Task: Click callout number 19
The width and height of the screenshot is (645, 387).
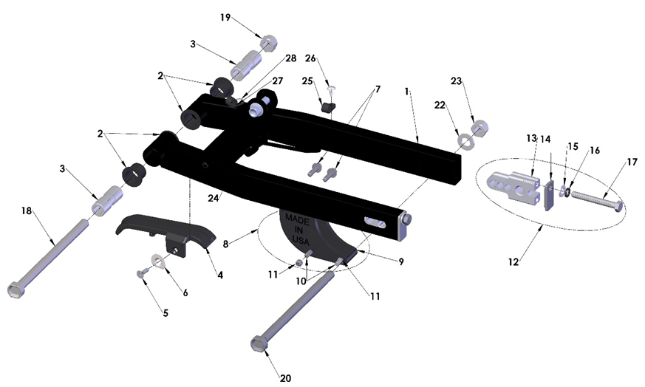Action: (225, 16)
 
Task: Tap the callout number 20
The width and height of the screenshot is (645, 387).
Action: (286, 378)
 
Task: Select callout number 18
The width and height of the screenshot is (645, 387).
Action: (27, 211)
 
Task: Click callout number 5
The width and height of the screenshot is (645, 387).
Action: (165, 313)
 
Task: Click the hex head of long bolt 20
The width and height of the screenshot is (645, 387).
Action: (259, 344)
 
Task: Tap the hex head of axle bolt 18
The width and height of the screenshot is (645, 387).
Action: (17, 289)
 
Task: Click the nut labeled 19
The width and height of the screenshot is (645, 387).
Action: (268, 42)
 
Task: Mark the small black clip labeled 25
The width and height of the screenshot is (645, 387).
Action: (328, 108)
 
